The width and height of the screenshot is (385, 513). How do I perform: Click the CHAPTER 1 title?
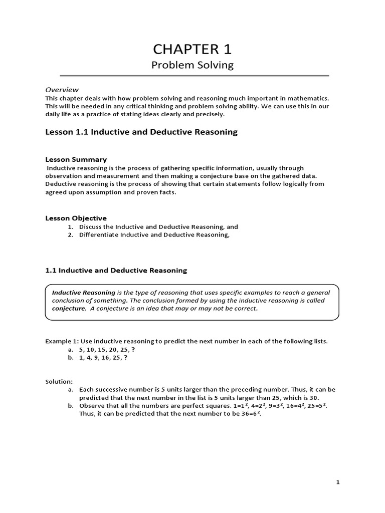192,50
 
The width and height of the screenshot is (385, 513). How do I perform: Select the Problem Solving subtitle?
192,66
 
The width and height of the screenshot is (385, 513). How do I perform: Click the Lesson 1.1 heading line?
141,132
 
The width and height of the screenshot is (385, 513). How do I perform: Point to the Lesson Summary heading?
76,159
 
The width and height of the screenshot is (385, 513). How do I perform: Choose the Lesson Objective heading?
76,218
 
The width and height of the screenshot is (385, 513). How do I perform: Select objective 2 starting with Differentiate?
154,235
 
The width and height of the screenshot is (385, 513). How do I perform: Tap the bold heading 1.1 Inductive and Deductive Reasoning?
116,270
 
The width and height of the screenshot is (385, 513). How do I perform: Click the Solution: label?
59,381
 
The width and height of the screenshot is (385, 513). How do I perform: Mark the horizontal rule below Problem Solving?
195,76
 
